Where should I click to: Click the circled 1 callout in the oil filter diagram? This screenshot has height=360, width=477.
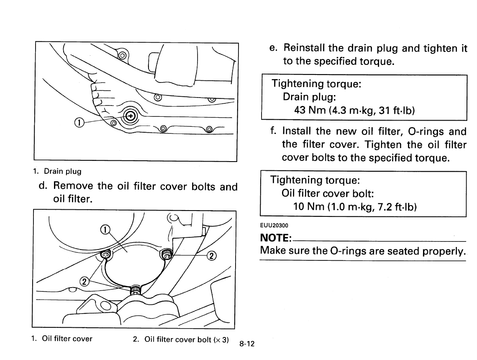pos(106,229)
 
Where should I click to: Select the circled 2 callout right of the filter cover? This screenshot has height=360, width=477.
pos(212,256)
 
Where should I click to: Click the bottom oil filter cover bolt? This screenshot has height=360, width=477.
pos(136,290)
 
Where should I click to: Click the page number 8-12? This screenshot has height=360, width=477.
pos(247,344)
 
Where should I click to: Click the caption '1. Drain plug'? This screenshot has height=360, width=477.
pos(58,171)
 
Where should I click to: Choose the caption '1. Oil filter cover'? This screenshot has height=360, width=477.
pos(62,339)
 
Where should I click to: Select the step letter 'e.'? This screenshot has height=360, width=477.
pos(274,48)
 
